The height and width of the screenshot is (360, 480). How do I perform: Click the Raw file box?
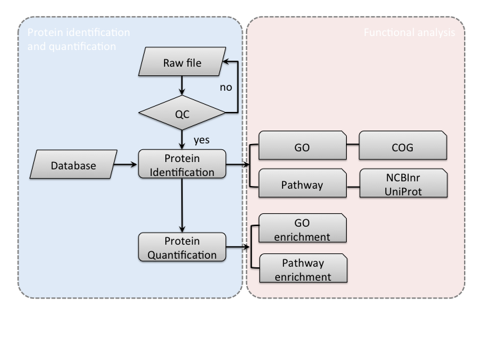[x=182, y=64]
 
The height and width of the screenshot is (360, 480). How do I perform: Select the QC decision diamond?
[x=182, y=113]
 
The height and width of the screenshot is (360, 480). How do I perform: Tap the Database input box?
[x=73, y=166]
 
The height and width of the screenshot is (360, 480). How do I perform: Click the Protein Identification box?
[x=182, y=165]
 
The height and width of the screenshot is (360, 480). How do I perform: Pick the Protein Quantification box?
[x=182, y=247]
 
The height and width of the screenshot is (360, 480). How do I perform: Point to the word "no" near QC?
[x=225, y=87]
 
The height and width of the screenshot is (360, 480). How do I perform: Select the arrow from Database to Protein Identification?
[x=125, y=163]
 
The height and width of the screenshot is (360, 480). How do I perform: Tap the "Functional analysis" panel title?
[x=409, y=32]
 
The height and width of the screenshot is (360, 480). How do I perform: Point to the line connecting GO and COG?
[x=353, y=143]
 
